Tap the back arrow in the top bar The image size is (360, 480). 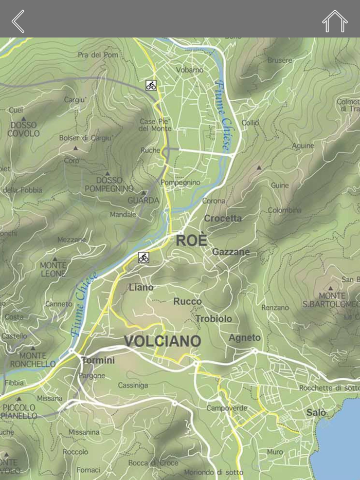pos(18,21)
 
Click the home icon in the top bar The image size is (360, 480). pos(335,21)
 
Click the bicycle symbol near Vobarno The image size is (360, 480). pos(151,85)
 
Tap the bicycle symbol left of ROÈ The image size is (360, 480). pos(143,257)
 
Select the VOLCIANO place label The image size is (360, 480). pos(162,341)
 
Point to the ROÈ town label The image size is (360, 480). pos(191,240)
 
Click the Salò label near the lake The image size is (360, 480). pos(316,413)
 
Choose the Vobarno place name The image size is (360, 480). pos(189,69)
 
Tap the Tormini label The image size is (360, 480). pos(98,360)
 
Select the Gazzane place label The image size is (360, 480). pos(231,252)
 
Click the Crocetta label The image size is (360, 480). pos(223,218)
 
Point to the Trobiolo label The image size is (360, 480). pos(213,319)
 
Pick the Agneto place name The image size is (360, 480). pos(244,338)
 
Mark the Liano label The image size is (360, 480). pos(141,287)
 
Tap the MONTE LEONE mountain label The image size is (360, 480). pos(53,269)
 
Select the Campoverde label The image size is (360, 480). pos(227,408)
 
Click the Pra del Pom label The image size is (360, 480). pos(98,54)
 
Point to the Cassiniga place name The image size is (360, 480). pos(133,385)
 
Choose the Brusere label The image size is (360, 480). pos(280,60)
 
